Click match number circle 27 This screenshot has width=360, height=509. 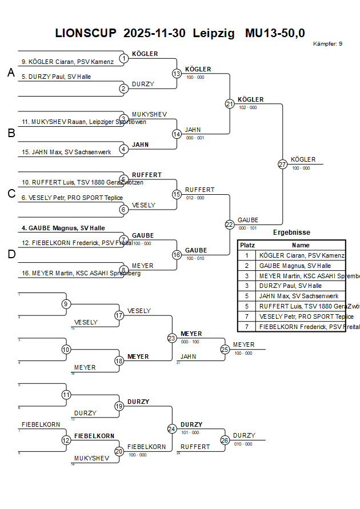[x=282, y=164]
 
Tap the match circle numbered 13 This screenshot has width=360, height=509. [x=177, y=73]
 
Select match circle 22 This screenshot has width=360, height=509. [x=229, y=225]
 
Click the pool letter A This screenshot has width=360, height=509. [x=11, y=73]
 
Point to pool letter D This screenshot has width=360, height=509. [x=11, y=254]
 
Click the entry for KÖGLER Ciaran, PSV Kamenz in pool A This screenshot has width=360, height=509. [x=67, y=62]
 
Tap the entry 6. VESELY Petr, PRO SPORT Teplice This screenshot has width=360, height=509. [x=72, y=198]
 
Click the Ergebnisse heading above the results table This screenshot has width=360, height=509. [x=291, y=233]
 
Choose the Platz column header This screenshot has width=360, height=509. [x=247, y=245]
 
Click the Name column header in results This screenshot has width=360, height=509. [x=301, y=245]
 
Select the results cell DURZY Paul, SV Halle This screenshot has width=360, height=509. [x=290, y=286]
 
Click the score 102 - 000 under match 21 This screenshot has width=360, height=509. [x=247, y=107]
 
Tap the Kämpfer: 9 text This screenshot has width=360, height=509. [x=328, y=44]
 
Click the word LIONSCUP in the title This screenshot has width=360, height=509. [x=86, y=33]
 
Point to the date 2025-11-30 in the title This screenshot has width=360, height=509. [x=154, y=33]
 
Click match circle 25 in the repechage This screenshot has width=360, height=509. [x=225, y=349]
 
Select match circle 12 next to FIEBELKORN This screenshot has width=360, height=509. [x=66, y=440]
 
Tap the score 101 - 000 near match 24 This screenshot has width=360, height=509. [x=190, y=432]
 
